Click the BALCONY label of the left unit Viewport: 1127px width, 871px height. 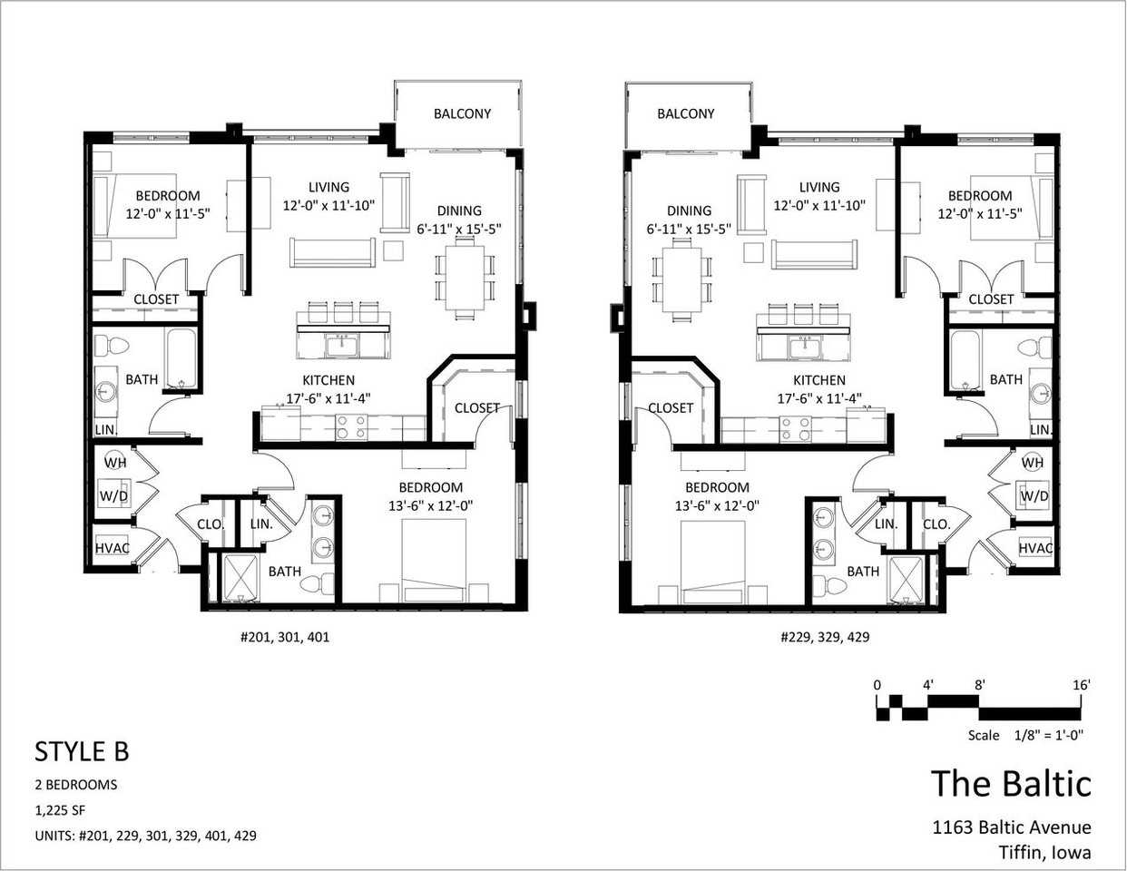pyautogui.click(x=462, y=113)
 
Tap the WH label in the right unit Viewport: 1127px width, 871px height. pyautogui.click(x=1032, y=462)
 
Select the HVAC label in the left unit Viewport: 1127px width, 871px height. pyautogui.click(x=112, y=548)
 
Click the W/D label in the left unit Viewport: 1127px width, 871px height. pyautogui.click(x=113, y=496)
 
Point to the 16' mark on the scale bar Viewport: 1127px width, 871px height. pyautogui.click(x=1082, y=685)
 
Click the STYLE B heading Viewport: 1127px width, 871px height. pyautogui.click(x=82, y=751)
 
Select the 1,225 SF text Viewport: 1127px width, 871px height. pyautogui.click(x=60, y=810)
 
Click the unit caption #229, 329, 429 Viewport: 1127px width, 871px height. pyautogui.click(x=825, y=637)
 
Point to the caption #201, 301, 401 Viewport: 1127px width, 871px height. pyautogui.click(x=285, y=637)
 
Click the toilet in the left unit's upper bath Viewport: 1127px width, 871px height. pyautogui.click(x=112, y=345)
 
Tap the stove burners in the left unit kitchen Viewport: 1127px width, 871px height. pyautogui.click(x=352, y=427)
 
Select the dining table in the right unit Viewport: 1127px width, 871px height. pyautogui.click(x=681, y=279)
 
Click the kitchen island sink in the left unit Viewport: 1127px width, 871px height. pyautogui.click(x=342, y=346)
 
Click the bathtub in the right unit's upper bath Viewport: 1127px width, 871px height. pyautogui.click(x=965, y=360)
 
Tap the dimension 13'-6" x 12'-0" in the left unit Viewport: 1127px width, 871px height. pyautogui.click(x=430, y=505)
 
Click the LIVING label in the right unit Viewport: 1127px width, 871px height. pyautogui.click(x=819, y=187)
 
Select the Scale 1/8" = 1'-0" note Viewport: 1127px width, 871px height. pyautogui.click(x=1025, y=735)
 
